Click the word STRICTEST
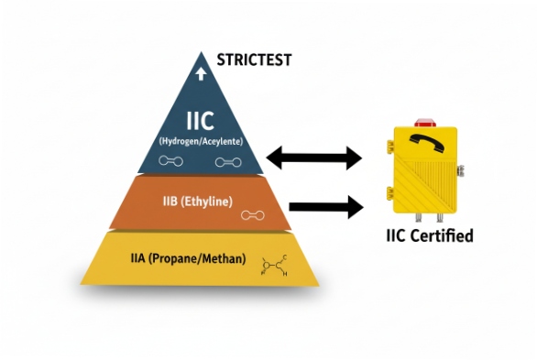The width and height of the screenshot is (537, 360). pyautogui.click(x=254, y=60)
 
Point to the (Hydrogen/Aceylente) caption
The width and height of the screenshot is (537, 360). pyautogui.click(x=201, y=141)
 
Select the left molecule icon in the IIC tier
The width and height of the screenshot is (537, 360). pyautogui.click(x=170, y=161)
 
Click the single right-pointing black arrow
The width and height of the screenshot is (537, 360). pyautogui.click(x=325, y=207)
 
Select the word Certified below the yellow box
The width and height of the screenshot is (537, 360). pyautogui.click(x=443, y=237)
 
